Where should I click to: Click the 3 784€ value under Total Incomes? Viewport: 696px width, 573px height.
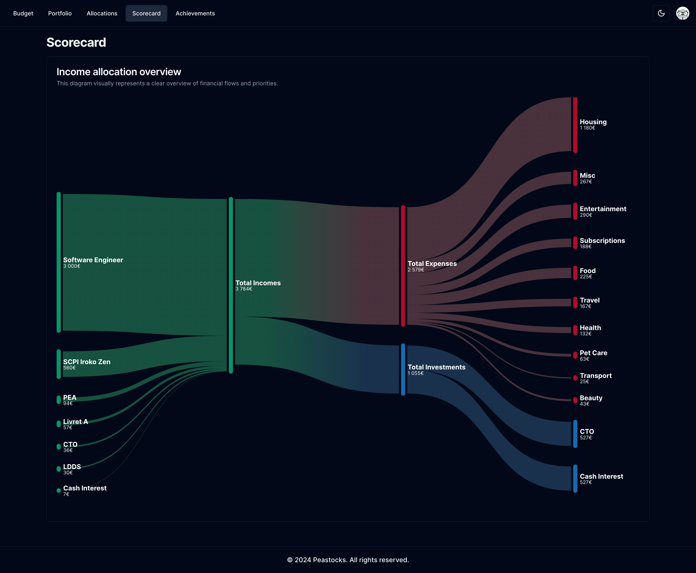(244, 289)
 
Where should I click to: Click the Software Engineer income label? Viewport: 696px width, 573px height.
(93, 260)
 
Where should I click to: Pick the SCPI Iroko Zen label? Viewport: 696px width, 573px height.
(87, 362)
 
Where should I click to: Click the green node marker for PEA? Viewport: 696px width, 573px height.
(59, 400)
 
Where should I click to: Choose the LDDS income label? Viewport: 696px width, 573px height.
(72, 467)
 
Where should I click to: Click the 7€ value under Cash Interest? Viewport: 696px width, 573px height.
(66, 494)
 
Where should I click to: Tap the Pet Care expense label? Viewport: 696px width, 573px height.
(593, 353)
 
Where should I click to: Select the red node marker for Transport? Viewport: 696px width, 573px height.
(575, 378)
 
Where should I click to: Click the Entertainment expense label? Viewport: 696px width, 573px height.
(603, 209)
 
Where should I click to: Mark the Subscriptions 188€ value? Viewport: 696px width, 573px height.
(585, 247)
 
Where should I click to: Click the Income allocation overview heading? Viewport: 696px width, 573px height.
(119, 72)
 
